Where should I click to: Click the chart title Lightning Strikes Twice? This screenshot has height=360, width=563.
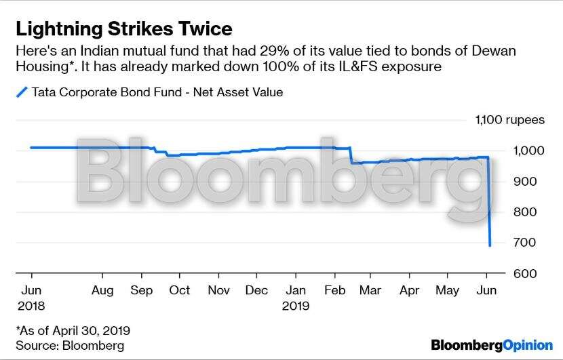point(124,28)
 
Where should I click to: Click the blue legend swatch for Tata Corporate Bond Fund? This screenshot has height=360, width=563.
point(21,92)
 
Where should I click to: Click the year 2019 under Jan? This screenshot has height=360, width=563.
point(295,306)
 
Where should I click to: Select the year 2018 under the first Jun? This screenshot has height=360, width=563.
point(31,306)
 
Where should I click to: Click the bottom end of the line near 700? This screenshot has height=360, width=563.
point(490,245)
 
